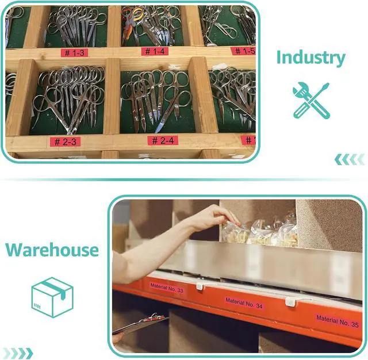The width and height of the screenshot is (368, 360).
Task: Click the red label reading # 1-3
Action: click(x=74, y=52)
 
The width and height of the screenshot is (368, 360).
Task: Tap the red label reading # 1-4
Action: click(x=155, y=51)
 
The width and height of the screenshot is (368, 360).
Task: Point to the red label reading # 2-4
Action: click(x=163, y=140)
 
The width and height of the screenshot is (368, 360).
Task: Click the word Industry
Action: click(x=310, y=58)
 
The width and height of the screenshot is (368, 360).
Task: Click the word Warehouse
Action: click(x=52, y=250)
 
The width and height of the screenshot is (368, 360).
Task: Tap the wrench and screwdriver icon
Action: click(x=311, y=100)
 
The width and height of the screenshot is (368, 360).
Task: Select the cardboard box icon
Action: click(x=52, y=297)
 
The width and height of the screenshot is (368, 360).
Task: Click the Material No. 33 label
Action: click(x=167, y=288)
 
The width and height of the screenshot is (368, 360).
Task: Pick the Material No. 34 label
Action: click(x=244, y=303)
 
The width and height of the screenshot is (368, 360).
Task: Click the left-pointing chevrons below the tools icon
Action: click(x=350, y=159)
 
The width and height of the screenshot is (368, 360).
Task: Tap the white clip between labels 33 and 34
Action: click(x=200, y=286)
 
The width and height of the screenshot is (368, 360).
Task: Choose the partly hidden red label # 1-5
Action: click(x=244, y=51)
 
